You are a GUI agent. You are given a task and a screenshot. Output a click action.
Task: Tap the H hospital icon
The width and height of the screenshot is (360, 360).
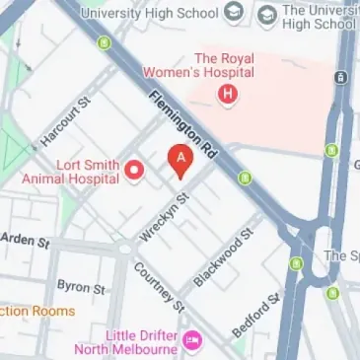pos(229,95)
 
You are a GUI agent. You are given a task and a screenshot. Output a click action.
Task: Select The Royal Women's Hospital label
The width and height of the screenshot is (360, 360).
pos(224,65)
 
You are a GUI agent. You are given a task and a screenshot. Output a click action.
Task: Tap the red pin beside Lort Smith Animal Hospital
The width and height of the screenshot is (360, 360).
pos(136,172)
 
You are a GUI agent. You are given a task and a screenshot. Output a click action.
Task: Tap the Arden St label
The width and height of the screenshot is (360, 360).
pos(26,240)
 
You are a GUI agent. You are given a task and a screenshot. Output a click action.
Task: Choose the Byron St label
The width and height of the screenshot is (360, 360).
pos(81,287)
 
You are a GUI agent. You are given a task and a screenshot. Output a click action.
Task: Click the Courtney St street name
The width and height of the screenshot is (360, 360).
pos(158,287)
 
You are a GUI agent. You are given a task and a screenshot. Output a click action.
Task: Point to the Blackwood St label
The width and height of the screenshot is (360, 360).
pos(223,255)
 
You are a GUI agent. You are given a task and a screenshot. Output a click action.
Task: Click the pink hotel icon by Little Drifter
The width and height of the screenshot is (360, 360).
pos(193,340)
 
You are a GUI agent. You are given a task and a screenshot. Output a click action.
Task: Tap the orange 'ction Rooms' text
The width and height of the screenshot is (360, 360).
pos(37,311)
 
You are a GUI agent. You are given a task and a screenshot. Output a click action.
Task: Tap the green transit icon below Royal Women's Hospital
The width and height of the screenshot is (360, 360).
pos(245,178)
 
